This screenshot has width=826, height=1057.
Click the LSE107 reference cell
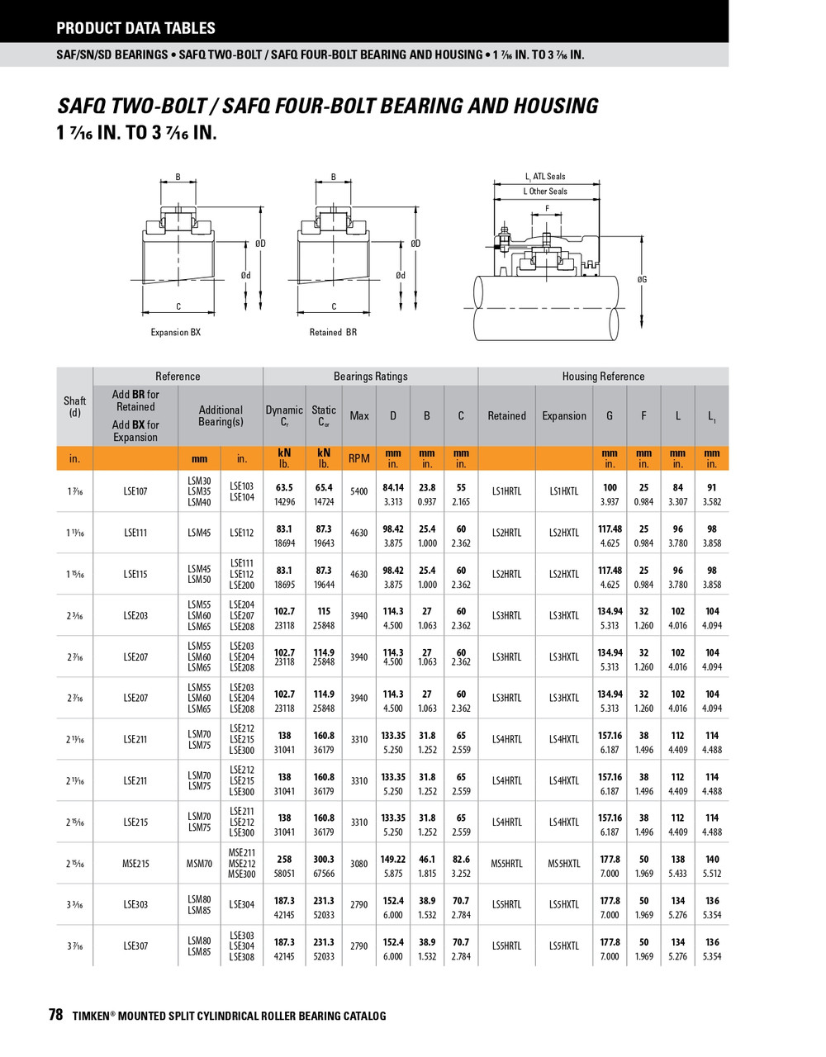[x=135, y=491]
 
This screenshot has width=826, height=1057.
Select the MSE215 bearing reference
[x=135, y=864]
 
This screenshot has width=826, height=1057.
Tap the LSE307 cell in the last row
[x=135, y=946]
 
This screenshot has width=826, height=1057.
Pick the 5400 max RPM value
[x=358, y=491]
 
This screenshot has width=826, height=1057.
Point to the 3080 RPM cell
[x=358, y=864]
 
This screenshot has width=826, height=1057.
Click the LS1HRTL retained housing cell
[x=506, y=491]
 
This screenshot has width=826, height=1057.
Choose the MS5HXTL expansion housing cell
[x=564, y=864]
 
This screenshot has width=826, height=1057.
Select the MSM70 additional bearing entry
[x=199, y=864]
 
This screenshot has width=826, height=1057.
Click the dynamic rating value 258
[x=284, y=859]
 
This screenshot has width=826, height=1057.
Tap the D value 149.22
[x=393, y=859]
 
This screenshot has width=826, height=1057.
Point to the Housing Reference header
[x=603, y=377]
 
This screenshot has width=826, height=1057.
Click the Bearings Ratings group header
[x=370, y=377]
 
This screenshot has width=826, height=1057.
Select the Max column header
[x=358, y=416]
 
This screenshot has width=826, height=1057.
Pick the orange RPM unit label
[x=358, y=458]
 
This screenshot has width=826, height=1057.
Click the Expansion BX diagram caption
[x=175, y=332]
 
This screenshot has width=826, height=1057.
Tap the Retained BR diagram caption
[x=333, y=332]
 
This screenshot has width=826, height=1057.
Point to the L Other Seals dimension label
[x=545, y=192]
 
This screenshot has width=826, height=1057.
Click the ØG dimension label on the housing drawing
[x=642, y=280]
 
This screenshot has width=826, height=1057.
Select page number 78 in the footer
[x=55, y=1016]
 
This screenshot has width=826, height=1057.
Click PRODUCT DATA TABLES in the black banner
[x=135, y=28]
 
